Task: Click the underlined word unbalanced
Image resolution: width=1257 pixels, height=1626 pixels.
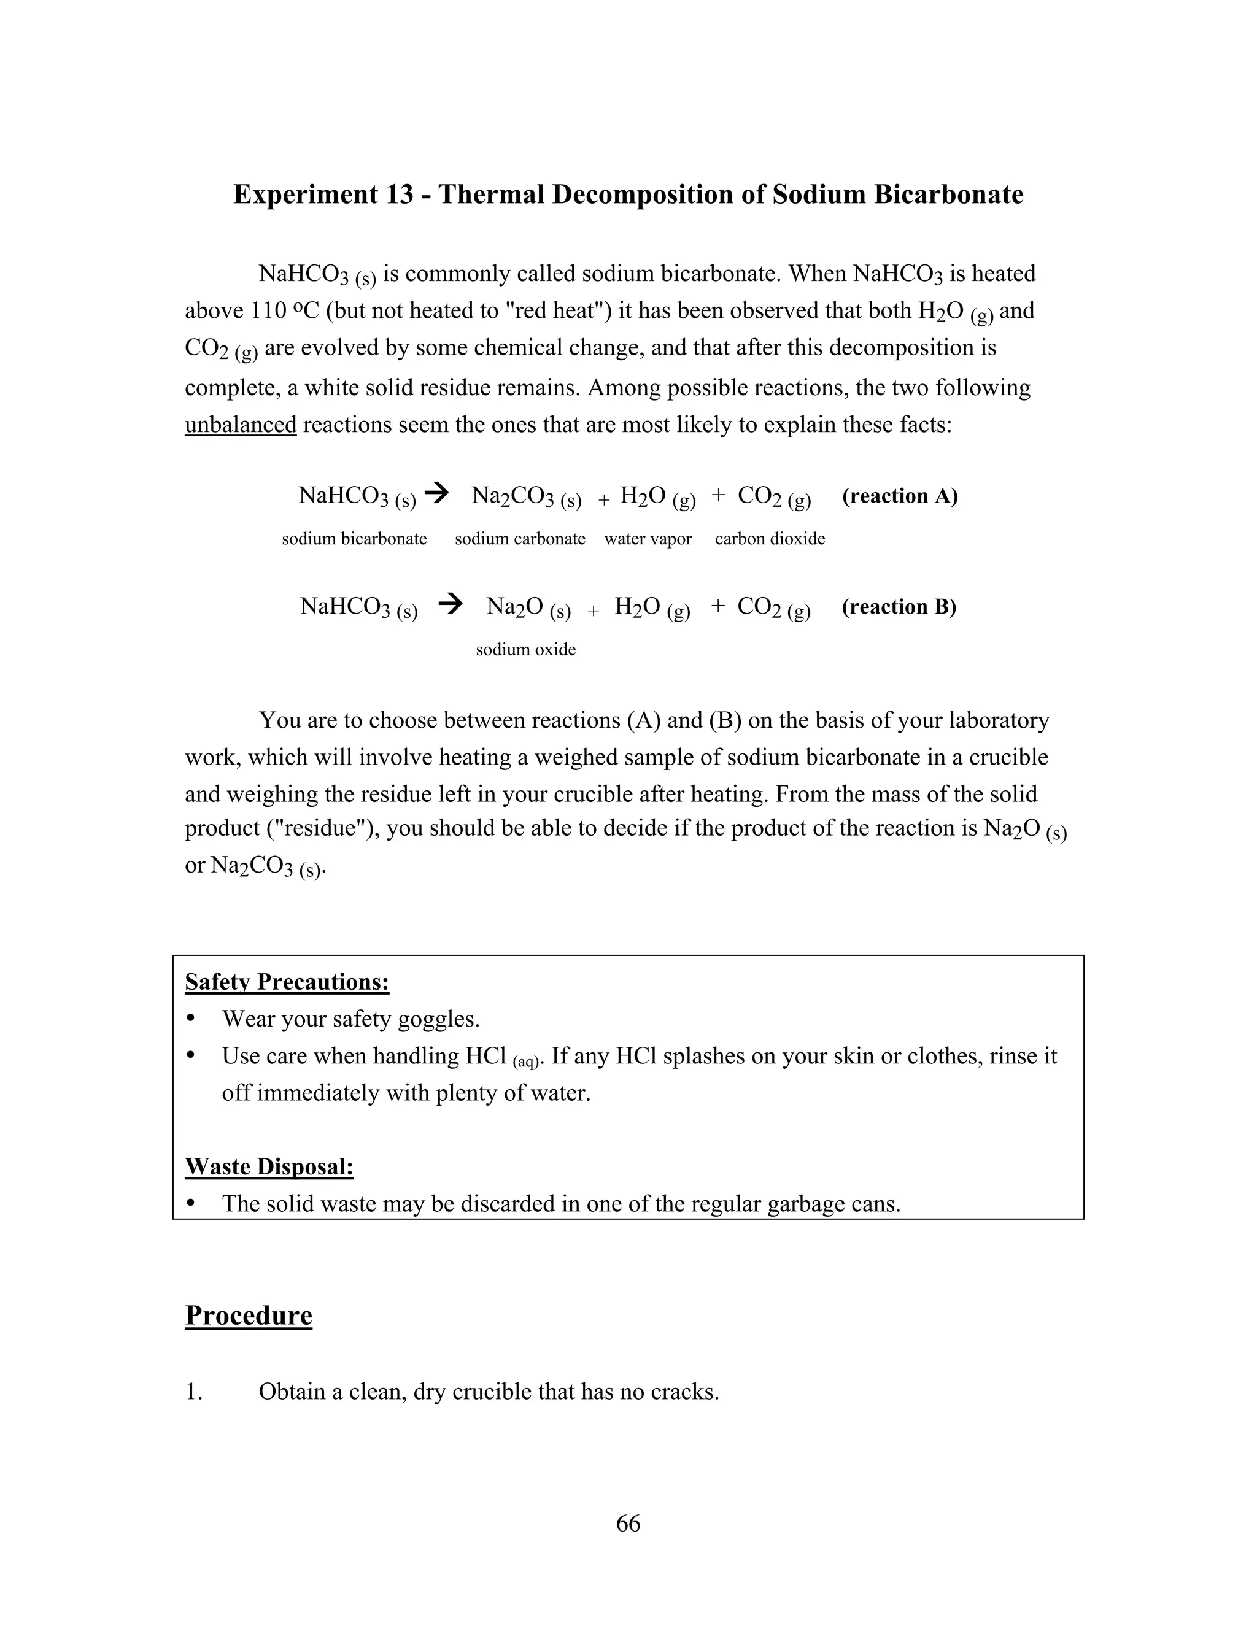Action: click(x=241, y=425)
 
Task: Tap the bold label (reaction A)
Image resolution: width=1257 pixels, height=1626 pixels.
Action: click(x=900, y=496)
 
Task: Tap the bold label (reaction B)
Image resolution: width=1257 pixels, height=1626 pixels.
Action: click(x=899, y=607)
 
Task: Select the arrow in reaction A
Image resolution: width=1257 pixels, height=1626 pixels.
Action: click(x=439, y=493)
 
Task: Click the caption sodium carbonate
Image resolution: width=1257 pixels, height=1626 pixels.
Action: click(x=520, y=539)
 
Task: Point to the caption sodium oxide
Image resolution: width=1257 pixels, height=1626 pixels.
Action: click(x=526, y=650)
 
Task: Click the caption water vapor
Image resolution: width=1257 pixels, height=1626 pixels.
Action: click(x=648, y=539)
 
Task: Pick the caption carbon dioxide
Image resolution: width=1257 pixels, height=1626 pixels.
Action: click(x=770, y=539)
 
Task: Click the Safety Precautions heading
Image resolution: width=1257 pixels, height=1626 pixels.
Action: click(x=287, y=983)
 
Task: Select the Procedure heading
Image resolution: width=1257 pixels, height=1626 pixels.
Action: click(x=249, y=1316)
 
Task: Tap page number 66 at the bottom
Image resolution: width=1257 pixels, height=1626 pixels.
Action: click(x=628, y=1524)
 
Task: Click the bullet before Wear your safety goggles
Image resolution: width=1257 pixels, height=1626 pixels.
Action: click(x=191, y=1019)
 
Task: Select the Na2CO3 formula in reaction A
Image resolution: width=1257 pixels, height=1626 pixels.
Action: click(x=513, y=496)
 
